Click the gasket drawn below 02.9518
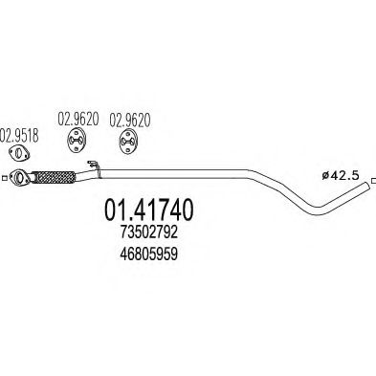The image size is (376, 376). tap(17, 153)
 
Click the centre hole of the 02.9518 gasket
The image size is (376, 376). tap(17, 153)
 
